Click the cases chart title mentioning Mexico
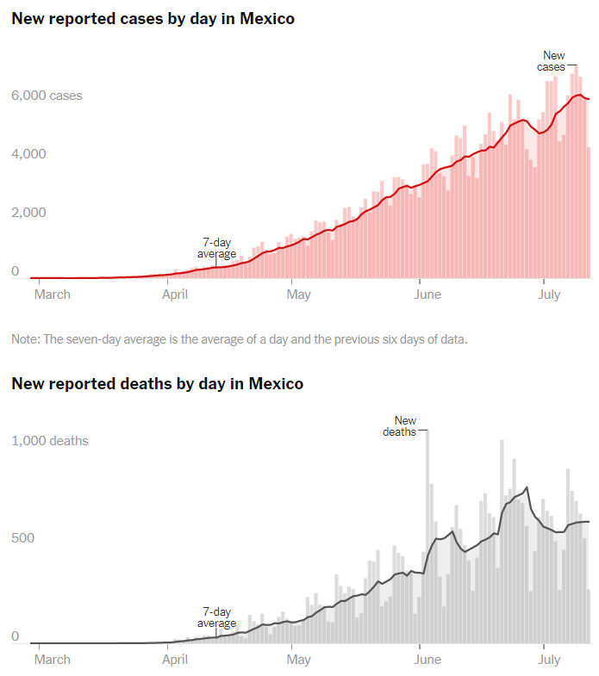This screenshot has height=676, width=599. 153,19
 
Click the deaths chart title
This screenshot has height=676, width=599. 157,383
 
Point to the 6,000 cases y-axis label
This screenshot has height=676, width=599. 47,96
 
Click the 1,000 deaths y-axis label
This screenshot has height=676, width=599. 50,441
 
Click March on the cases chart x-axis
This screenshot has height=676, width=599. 52,295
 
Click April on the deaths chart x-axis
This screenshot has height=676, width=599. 175,660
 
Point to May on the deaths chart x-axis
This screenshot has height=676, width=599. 298,660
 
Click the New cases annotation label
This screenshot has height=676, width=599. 553,61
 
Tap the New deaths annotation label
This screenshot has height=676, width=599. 400,426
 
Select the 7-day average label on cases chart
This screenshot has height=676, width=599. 217,248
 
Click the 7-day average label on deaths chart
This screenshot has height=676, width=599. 217,617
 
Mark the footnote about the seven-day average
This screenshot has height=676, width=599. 240,339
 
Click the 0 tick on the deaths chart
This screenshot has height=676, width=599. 16,636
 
